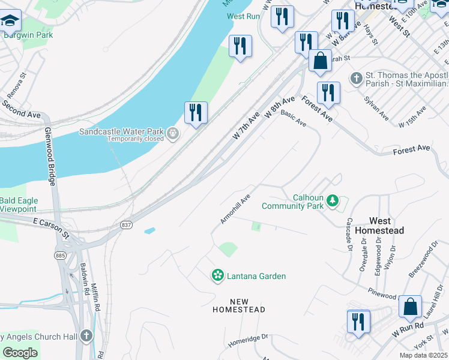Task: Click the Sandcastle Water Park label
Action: click(122, 131)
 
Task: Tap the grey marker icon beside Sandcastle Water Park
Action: click(173, 133)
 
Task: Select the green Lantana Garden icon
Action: click(217, 276)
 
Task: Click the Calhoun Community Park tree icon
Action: click(331, 202)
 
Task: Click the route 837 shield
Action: click(126, 224)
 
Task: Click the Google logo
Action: click(20, 353)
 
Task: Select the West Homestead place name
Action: click(379, 226)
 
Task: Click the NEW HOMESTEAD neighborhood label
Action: click(239, 305)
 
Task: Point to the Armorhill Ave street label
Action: click(235, 209)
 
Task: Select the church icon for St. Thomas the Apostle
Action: click(357, 78)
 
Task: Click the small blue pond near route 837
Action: click(149, 230)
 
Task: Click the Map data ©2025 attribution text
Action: click(423, 355)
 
